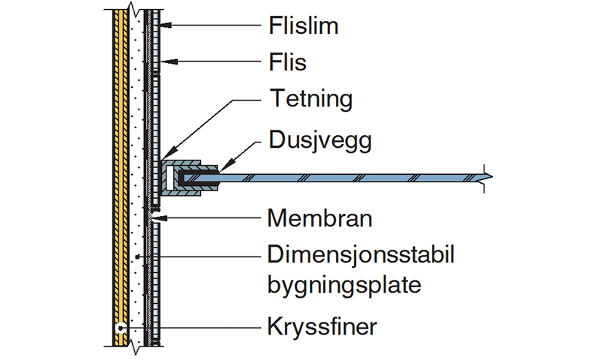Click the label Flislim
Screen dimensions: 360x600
point(304,27)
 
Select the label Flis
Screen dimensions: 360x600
point(287,62)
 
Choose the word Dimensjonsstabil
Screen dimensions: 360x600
point(361,256)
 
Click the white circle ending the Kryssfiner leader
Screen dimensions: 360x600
point(119,328)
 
